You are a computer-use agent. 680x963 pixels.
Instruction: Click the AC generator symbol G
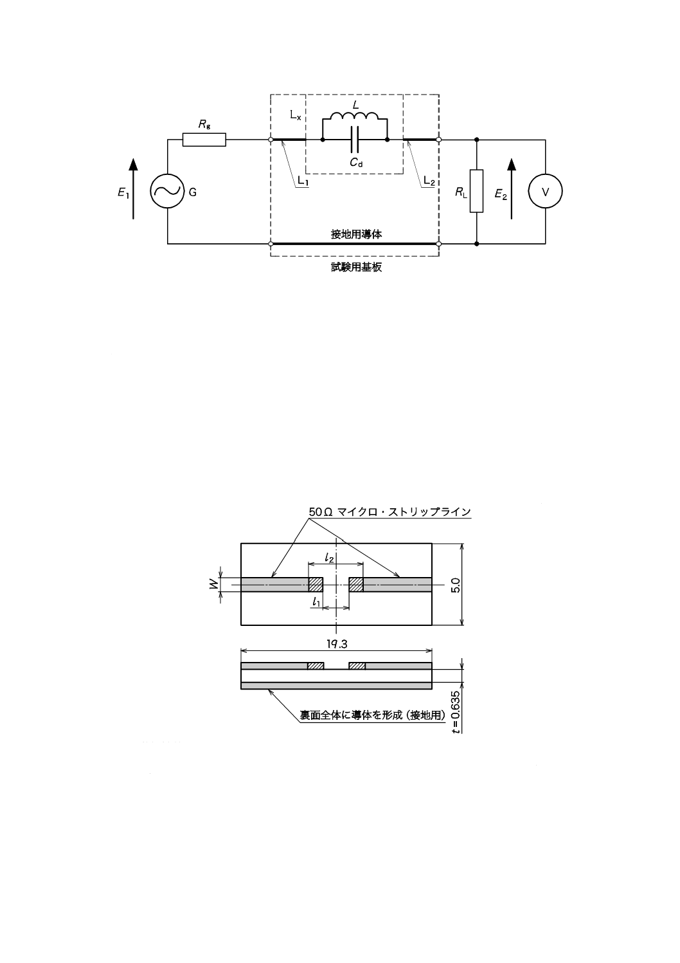coord(167,192)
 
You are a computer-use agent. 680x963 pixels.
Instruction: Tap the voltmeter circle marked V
coord(545,192)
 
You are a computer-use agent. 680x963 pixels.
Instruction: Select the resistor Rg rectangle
coord(204,140)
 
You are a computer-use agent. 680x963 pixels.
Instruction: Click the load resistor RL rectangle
coord(476,191)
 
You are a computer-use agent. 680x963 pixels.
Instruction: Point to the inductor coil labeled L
coord(354,117)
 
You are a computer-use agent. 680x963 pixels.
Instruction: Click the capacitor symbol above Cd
coord(354,140)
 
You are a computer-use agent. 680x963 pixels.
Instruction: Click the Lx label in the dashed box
coord(295,116)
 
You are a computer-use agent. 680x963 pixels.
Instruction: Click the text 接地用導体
coord(356,235)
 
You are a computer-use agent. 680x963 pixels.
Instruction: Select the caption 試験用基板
coord(356,268)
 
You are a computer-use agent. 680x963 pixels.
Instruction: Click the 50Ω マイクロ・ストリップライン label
coord(389,511)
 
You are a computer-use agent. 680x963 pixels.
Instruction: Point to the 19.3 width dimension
coord(336,643)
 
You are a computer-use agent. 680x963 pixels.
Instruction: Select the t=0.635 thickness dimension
coord(456,711)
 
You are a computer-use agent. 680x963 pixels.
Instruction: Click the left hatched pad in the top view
coord(316,584)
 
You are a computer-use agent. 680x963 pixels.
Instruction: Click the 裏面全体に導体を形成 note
coord(373,715)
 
